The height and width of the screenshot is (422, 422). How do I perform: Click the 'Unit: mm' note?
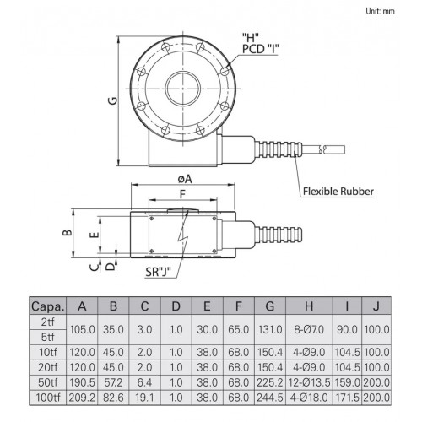tap(380, 11)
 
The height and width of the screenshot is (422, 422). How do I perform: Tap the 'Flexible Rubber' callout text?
tap(338, 192)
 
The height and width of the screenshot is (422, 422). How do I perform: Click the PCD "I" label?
tap(260, 49)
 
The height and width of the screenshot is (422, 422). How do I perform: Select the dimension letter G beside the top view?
tap(113, 100)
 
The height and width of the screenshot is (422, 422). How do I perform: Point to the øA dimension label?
tap(185, 179)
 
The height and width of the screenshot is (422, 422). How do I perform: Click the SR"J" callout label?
tap(159, 272)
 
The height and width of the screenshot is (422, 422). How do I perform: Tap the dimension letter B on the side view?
tap(68, 233)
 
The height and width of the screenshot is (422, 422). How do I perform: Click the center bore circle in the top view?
tap(183, 71)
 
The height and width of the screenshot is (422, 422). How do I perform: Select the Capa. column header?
tap(48, 306)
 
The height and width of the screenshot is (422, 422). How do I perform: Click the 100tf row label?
tap(48, 398)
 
